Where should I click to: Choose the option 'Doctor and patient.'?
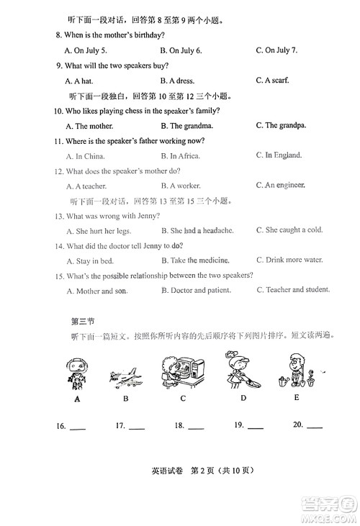coord(196,291)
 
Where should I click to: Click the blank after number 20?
coord(315,427)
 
